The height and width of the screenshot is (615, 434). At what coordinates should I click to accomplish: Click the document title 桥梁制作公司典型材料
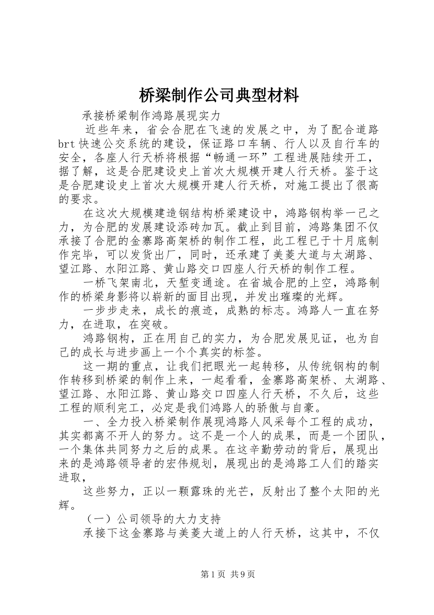[x=218, y=96]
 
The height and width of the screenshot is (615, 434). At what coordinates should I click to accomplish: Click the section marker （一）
[x=99, y=519]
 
